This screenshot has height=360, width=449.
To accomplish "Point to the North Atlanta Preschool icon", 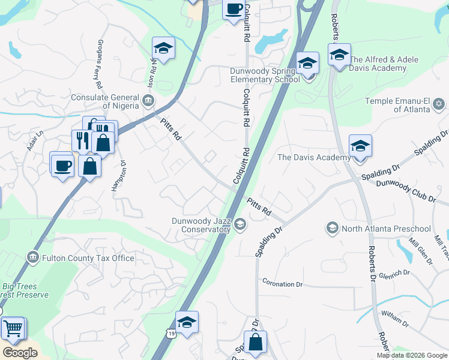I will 332,228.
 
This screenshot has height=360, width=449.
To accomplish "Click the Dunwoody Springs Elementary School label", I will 265,75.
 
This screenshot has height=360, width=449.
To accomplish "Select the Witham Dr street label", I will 396,318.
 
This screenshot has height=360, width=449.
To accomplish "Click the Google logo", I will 20,353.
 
